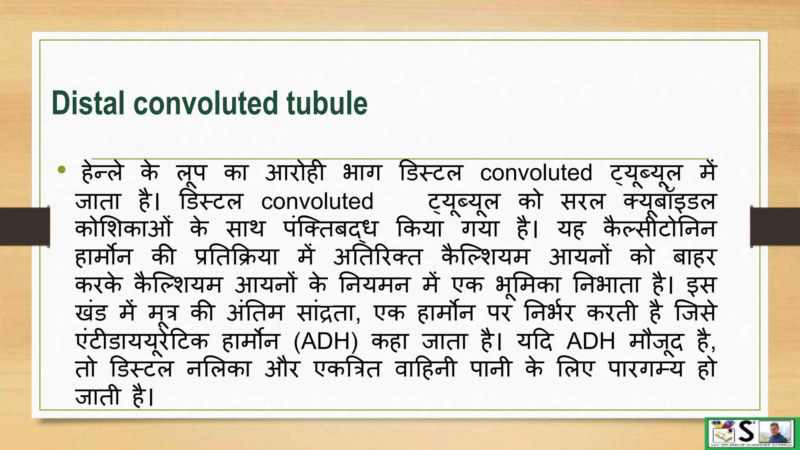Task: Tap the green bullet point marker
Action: click(61, 170)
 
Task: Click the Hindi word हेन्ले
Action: click(102, 173)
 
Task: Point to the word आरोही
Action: click(295, 173)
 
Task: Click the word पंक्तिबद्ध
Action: click(331, 229)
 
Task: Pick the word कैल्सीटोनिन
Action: click(659, 229)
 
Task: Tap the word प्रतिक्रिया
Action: click(236, 257)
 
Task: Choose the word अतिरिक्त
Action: click(378, 257)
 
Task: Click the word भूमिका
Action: click(528, 286)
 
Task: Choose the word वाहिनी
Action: click(425, 369)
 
